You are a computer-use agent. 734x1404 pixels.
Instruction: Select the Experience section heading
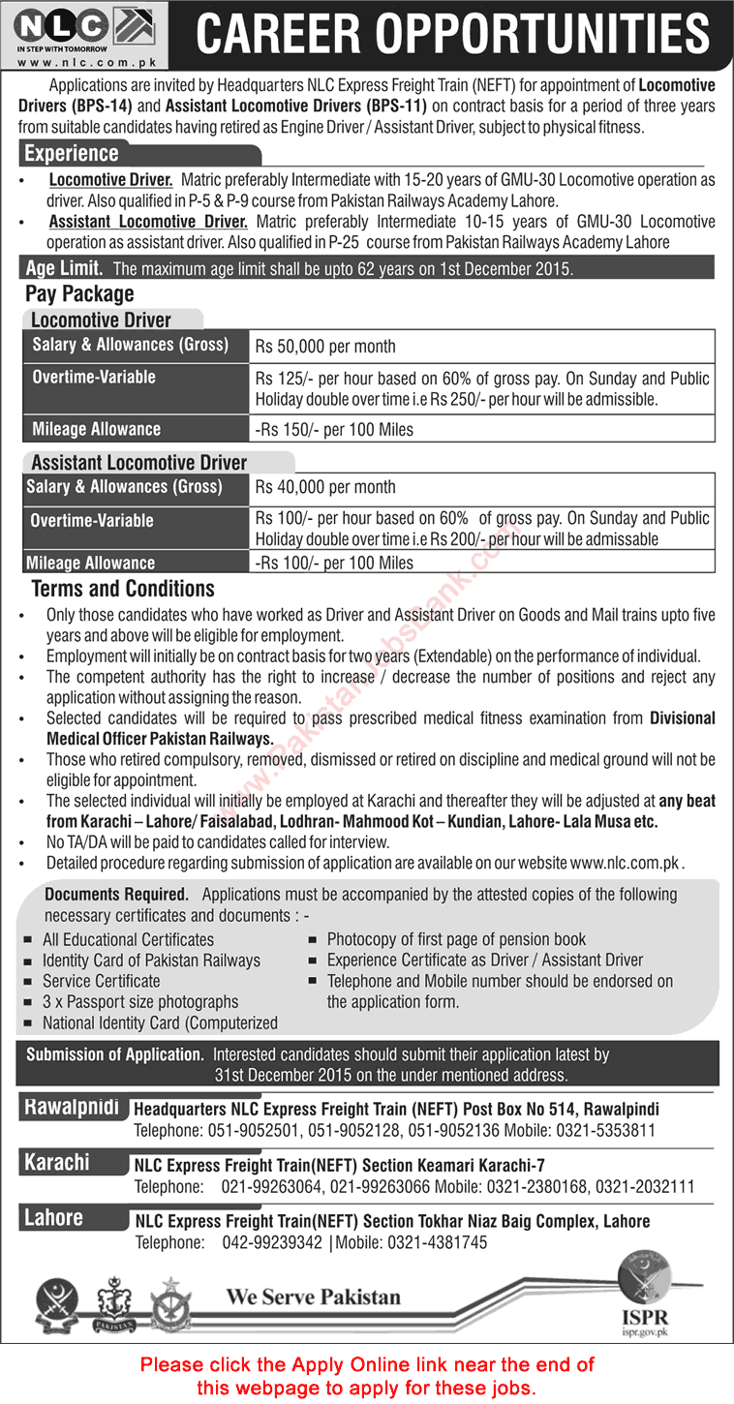(x=72, y=154)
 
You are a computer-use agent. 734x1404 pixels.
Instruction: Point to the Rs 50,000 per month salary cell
(x=325, y=347)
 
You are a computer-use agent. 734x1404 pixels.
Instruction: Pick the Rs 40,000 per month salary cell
(x=325, y=488)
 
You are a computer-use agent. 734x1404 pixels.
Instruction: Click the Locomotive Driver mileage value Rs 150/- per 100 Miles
(x=334, y=429)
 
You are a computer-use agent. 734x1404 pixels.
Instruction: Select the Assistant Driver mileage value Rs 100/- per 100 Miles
(x=334, y=563)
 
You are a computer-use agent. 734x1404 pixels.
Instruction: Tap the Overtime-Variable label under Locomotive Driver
(x=94, y=378)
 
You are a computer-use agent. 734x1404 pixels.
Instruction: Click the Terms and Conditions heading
(x=123, y=589)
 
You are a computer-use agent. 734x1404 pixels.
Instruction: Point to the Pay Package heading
(x=80, y=294)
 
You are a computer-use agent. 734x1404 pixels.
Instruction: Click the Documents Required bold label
(x=116, y=895)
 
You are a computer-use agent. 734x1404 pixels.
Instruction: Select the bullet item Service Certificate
(x=102, y=981)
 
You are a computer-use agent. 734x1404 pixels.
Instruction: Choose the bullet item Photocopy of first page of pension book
(x=456, y=939)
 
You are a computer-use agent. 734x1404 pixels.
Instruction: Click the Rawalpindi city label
(x=71, y=1107)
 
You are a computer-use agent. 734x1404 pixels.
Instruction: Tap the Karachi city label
(x=57, y=1162)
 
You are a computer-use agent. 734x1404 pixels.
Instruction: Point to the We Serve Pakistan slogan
(x=313, y=1297)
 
